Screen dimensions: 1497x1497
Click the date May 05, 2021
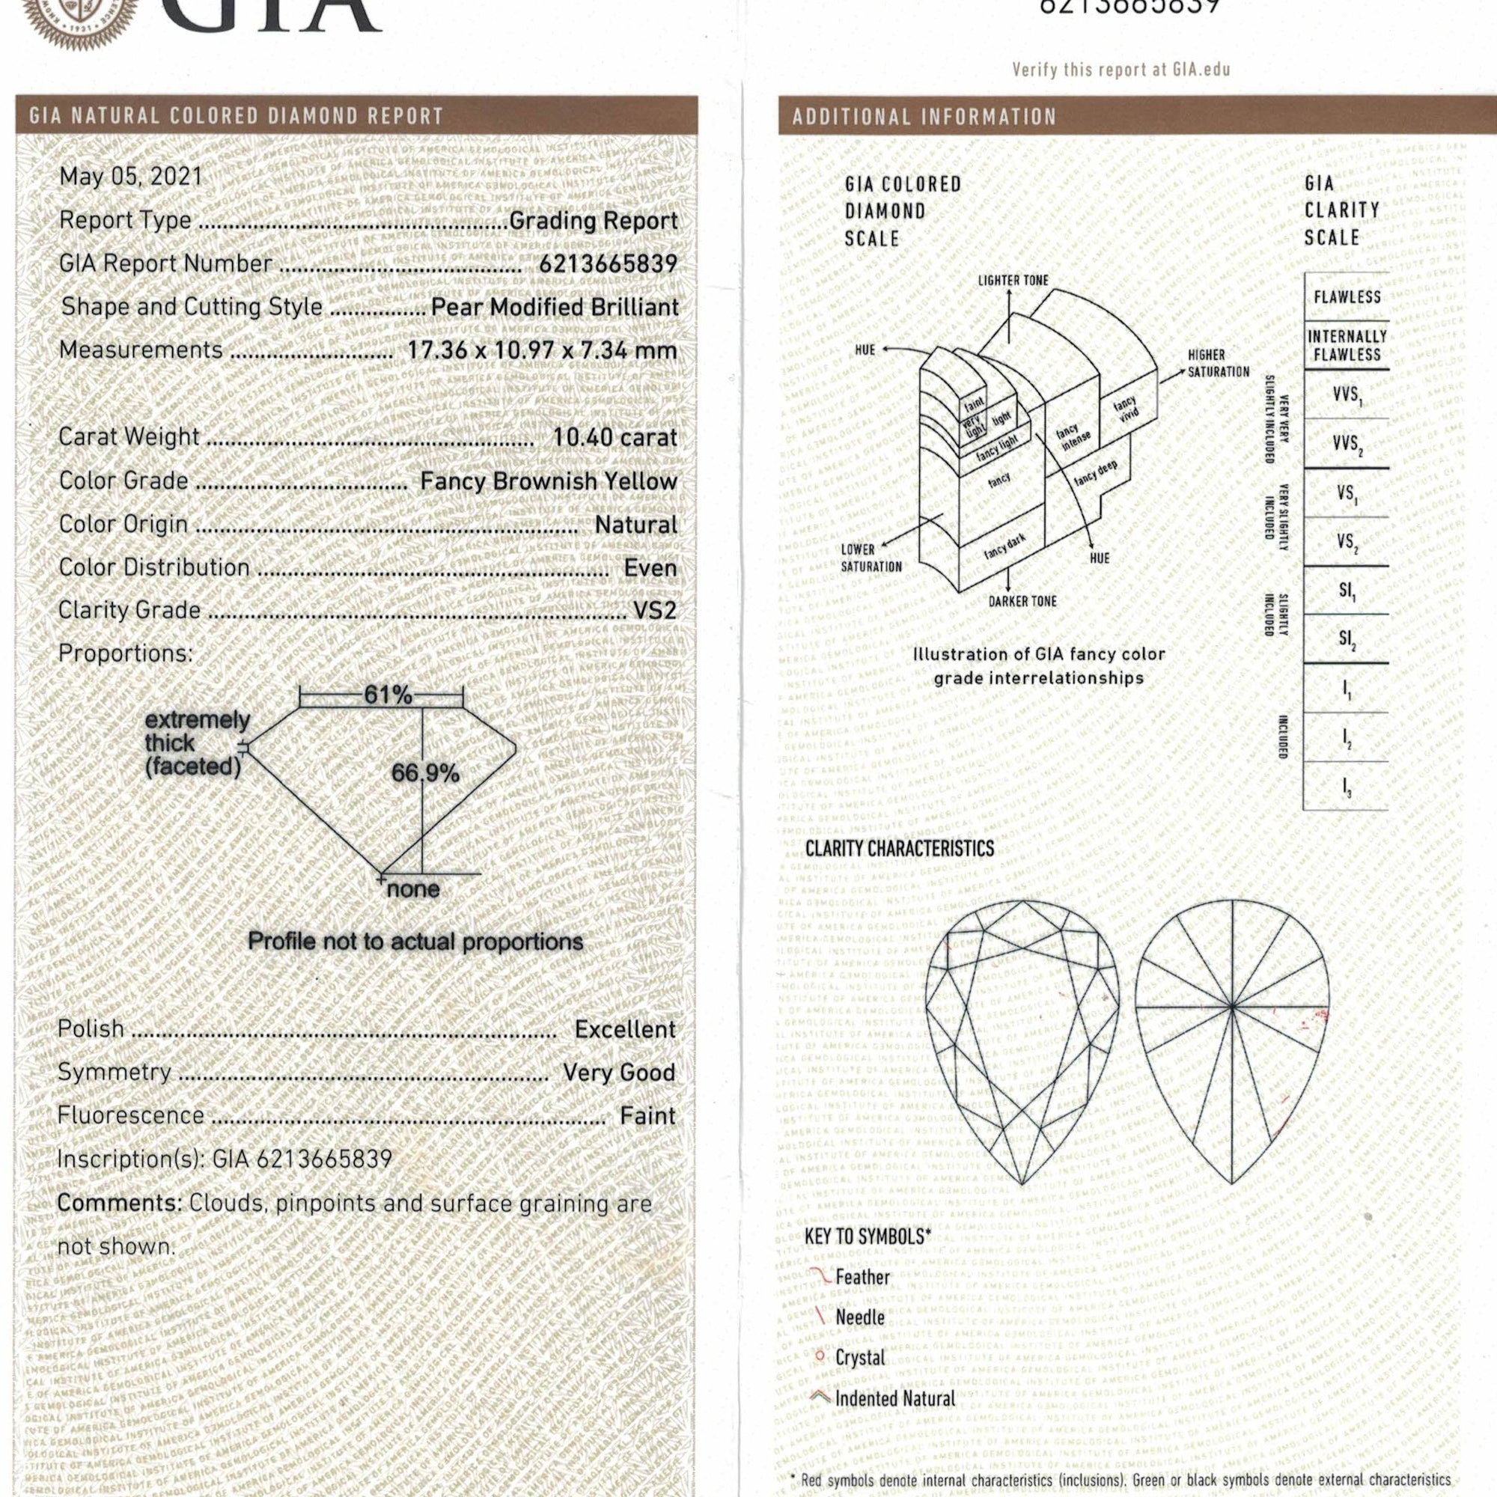pos(130,177)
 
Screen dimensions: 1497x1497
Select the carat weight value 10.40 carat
pos(614,437)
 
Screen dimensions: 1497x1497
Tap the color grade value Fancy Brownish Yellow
pos(549,481)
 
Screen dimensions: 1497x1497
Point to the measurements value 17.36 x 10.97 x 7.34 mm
pos(543,350)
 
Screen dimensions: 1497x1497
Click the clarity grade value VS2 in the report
pos(655,611)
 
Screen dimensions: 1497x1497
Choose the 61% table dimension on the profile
pos(388,695)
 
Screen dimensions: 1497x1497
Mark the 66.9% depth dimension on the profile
pos(425,772)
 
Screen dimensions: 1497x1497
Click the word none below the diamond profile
pos(413,888)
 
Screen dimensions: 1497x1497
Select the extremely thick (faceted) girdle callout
pos(197,743)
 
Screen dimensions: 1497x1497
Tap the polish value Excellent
pos(624,1029)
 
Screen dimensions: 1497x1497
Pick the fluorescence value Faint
pos(647,1116)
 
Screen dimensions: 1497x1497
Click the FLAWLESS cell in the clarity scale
pos(1347,296)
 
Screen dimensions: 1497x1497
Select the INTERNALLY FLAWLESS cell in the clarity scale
pos(1347,346)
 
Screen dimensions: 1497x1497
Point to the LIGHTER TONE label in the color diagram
pos(1013,281)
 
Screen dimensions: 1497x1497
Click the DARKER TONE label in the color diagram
pos(1022,601)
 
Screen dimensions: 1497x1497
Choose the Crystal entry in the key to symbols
pos(859,1358)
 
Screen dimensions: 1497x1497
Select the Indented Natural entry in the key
pos(895,1399)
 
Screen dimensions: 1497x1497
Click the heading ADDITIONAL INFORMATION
pos(924,117)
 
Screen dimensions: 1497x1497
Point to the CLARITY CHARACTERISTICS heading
pos(899,849)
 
